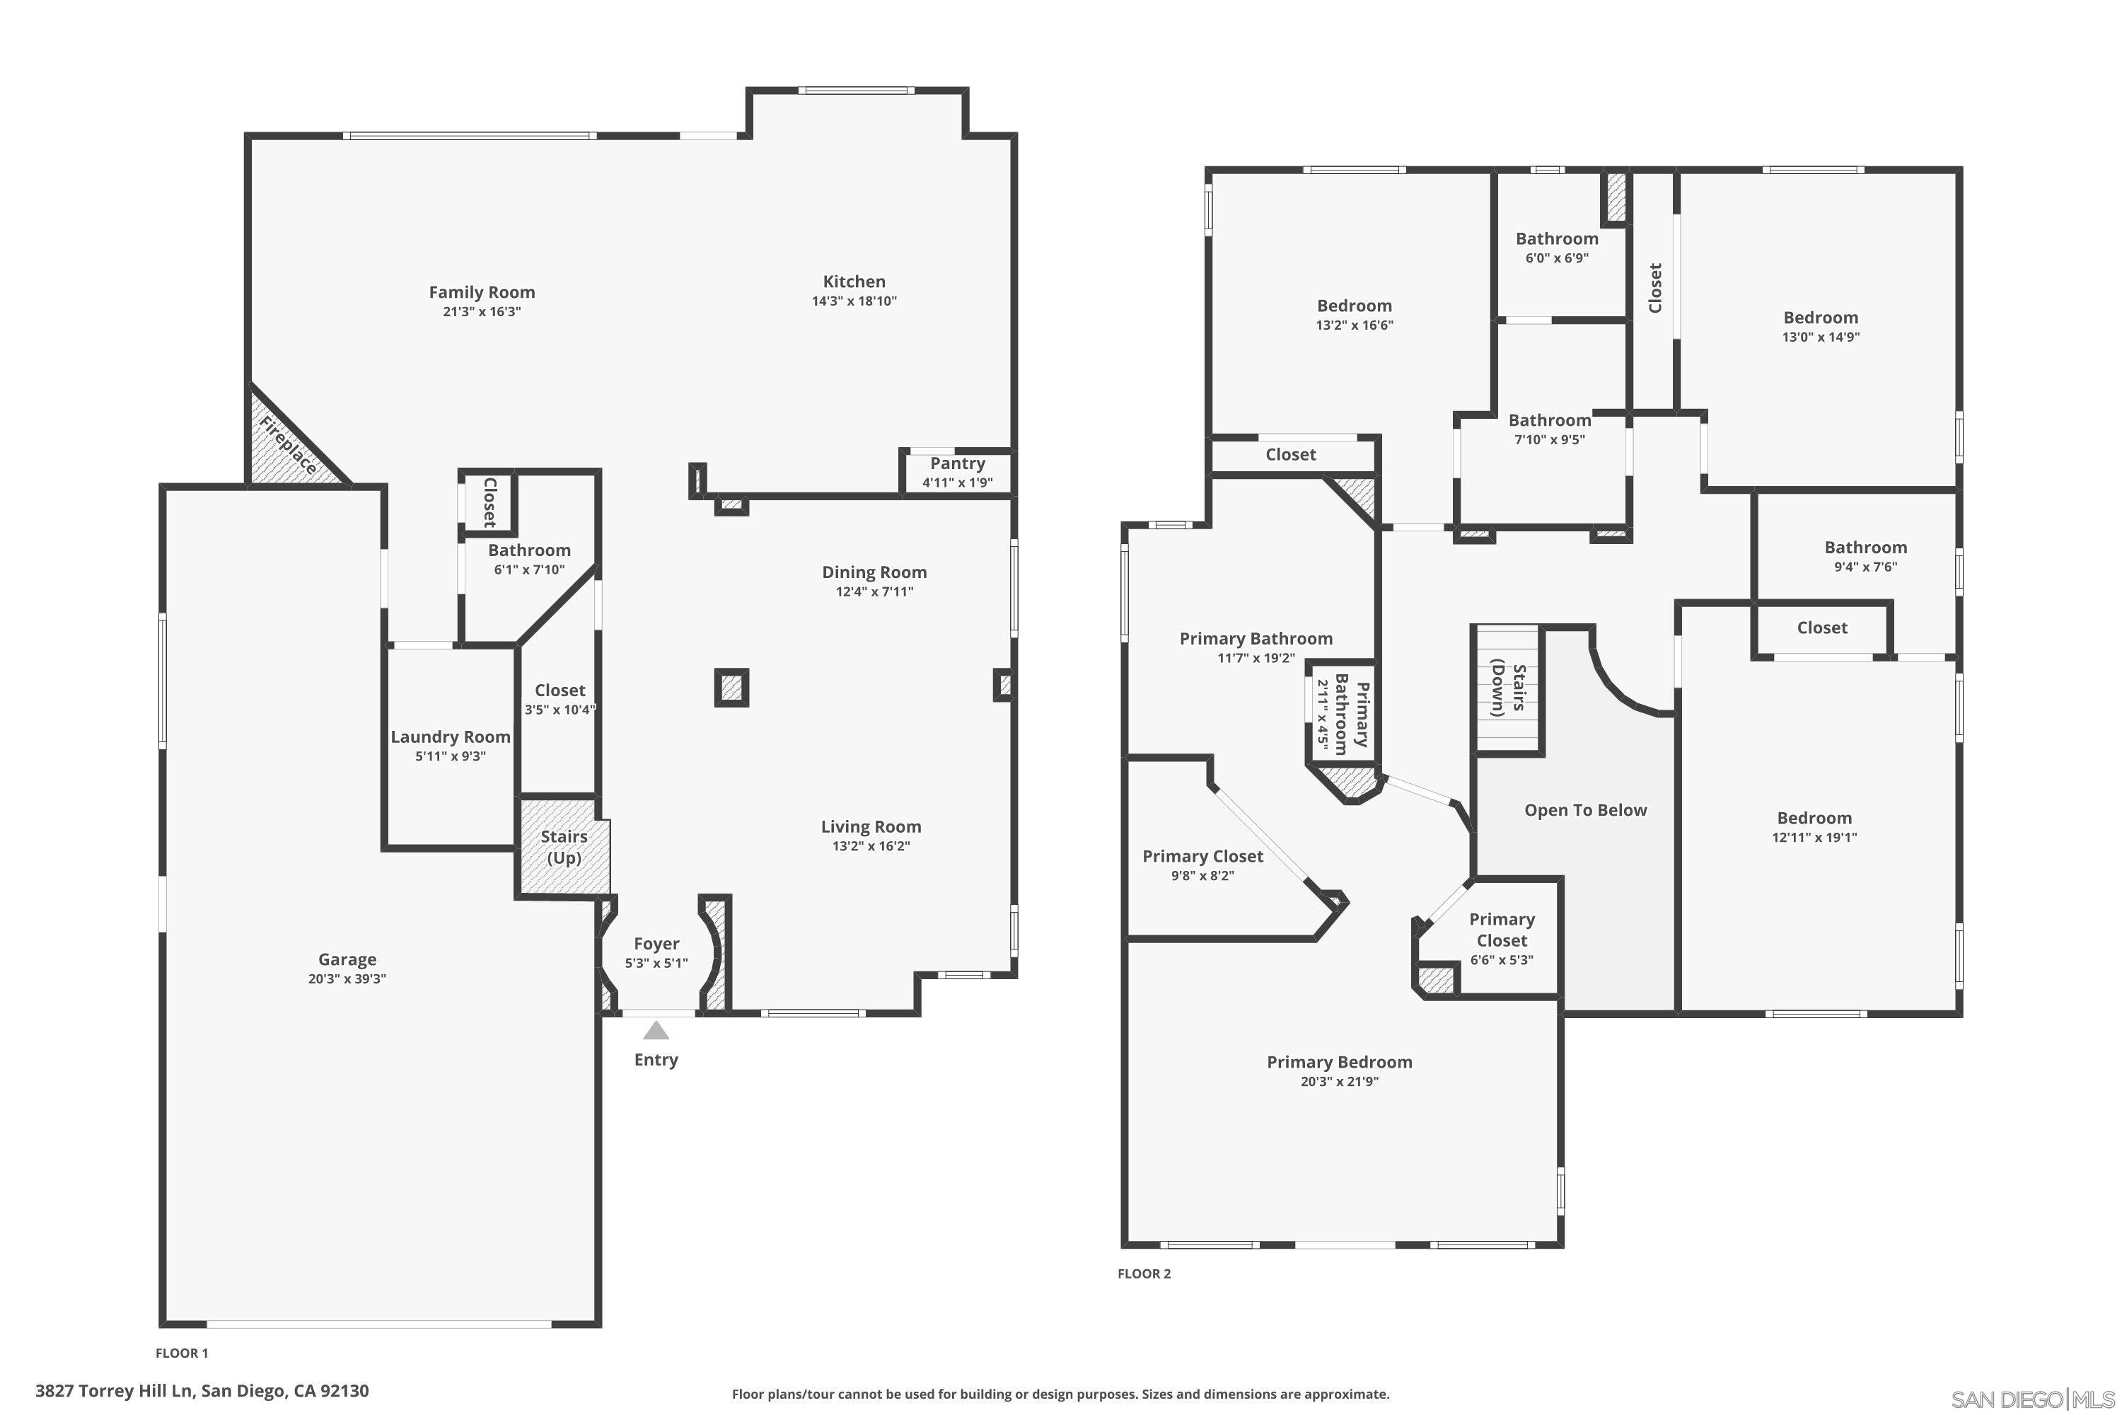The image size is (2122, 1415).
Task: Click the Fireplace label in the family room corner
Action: pos(288,446)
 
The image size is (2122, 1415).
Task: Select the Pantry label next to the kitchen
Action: pos(957,463)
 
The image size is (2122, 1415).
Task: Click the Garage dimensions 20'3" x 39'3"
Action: pos(347,979)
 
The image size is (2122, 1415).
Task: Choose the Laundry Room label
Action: pos(450,737)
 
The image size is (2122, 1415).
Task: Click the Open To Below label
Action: pos(1585,810)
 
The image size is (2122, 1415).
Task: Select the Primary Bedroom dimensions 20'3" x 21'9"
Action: pos(1339,1081)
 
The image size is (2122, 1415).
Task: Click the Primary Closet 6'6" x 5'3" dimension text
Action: pos(1501,960)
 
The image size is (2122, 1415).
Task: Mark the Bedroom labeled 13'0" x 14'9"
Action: pos(1820,318)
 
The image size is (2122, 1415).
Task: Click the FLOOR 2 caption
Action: pos(1143,1274)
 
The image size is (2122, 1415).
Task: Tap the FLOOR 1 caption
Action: pos(181,1353)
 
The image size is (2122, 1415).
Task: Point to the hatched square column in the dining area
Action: pos(731,688)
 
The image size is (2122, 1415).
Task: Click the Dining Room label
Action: pos(874,572)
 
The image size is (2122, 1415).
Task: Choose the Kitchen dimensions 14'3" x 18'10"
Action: pos(854,301)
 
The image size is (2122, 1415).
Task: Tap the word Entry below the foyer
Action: pos(656,1059)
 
